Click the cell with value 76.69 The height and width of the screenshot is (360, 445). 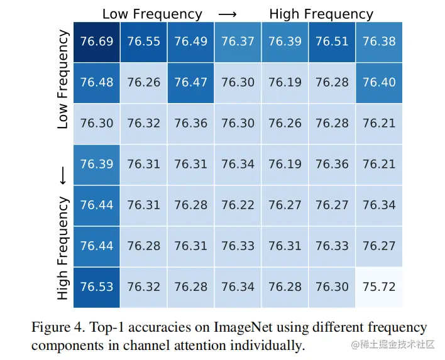[97, 41]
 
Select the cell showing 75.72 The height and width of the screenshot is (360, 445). [379, 286]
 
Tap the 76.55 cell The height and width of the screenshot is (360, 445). [144, 41]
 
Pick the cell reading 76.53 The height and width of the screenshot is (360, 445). [97, 286]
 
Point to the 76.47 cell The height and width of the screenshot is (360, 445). [191, 82]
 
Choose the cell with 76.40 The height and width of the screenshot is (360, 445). [379, 82]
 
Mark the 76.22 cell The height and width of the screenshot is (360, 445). [238, 205]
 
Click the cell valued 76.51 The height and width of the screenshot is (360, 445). [332, 41]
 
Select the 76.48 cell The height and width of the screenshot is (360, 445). [97, 82]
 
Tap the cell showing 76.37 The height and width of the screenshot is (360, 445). [238, 41]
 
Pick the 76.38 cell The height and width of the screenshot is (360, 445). [379, 41]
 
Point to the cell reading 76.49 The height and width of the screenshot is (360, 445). [191, 41]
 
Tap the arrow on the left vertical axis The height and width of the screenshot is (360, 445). [62, 178]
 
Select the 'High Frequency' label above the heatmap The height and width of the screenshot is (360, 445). [321, 14]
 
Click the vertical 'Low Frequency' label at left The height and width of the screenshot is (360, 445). [62, 80]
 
